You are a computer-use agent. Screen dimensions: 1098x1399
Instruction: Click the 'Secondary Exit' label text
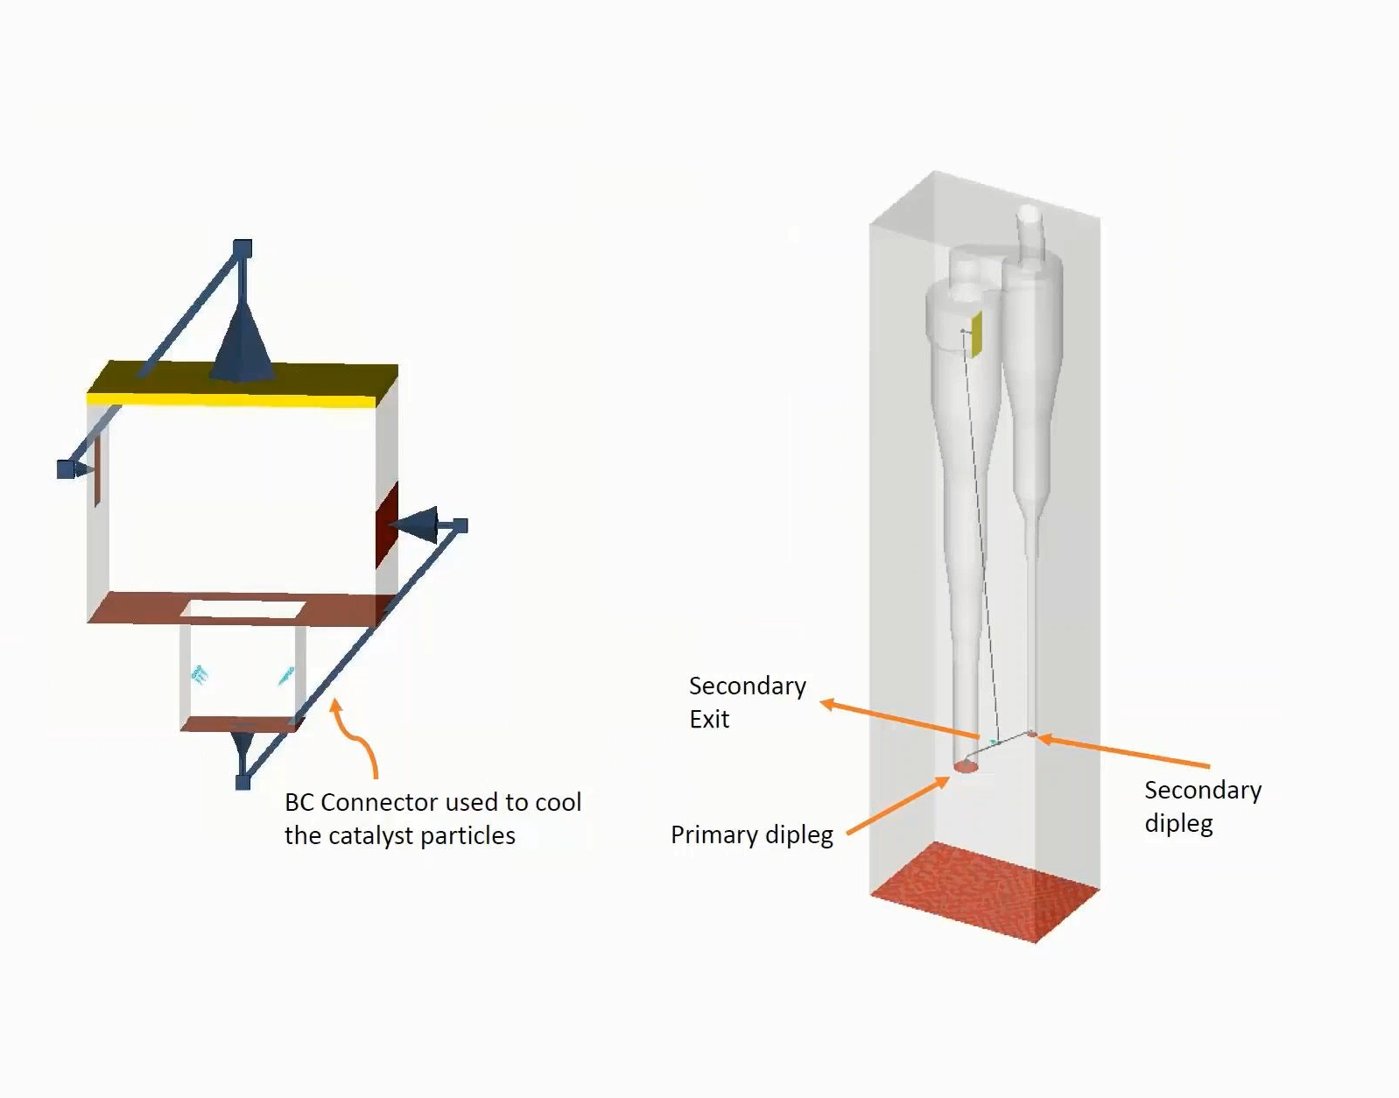click(747, 701)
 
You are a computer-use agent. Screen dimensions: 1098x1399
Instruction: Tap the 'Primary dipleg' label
click(751, 835)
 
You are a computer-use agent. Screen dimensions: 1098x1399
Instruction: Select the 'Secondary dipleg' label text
click(1202, 806)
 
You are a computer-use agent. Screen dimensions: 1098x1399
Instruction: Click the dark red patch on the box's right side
click(387, 524)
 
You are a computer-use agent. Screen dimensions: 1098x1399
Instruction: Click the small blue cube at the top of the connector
click(243, 249)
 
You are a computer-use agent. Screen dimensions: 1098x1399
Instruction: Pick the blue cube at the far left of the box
click(66, 469)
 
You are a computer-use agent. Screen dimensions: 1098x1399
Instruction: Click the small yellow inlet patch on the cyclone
click(976, 334)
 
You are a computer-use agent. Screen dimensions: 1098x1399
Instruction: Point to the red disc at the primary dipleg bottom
click(965, 767)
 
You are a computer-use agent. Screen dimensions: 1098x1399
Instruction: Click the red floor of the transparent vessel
click(985, 891)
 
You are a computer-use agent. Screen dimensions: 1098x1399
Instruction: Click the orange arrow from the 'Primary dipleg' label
click(898, 806)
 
